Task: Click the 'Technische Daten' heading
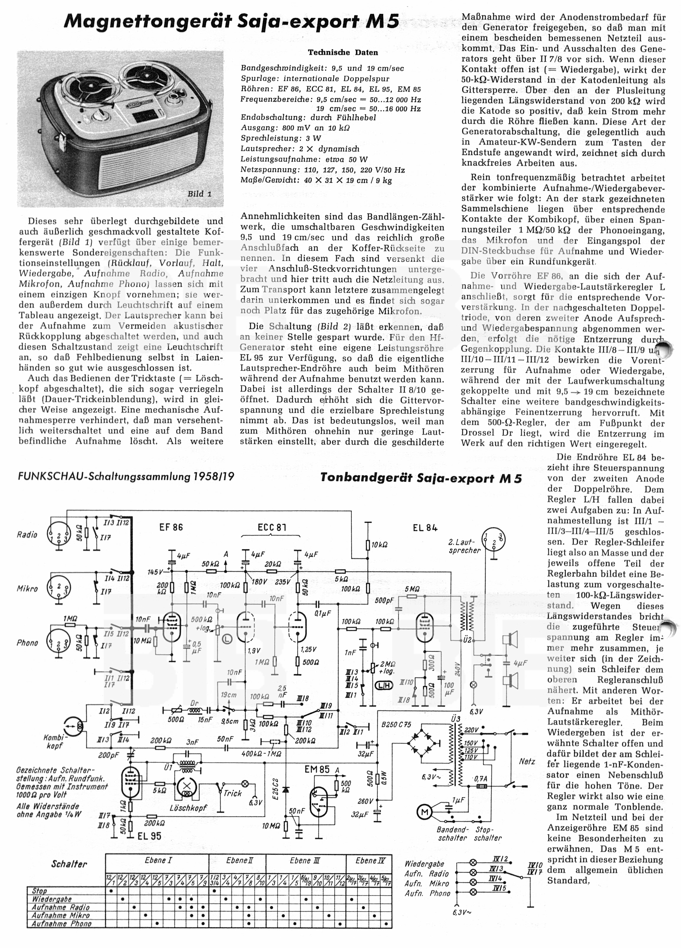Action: point(343,53)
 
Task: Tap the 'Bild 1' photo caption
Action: point(200,194)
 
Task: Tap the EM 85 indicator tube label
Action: point(317,770)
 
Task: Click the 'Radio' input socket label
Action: point(27,535)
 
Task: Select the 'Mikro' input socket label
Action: point(27,589)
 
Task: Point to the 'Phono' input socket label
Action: point(27,642)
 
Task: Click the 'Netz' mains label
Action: point(527,762)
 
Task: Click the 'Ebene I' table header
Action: point(158,861)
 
